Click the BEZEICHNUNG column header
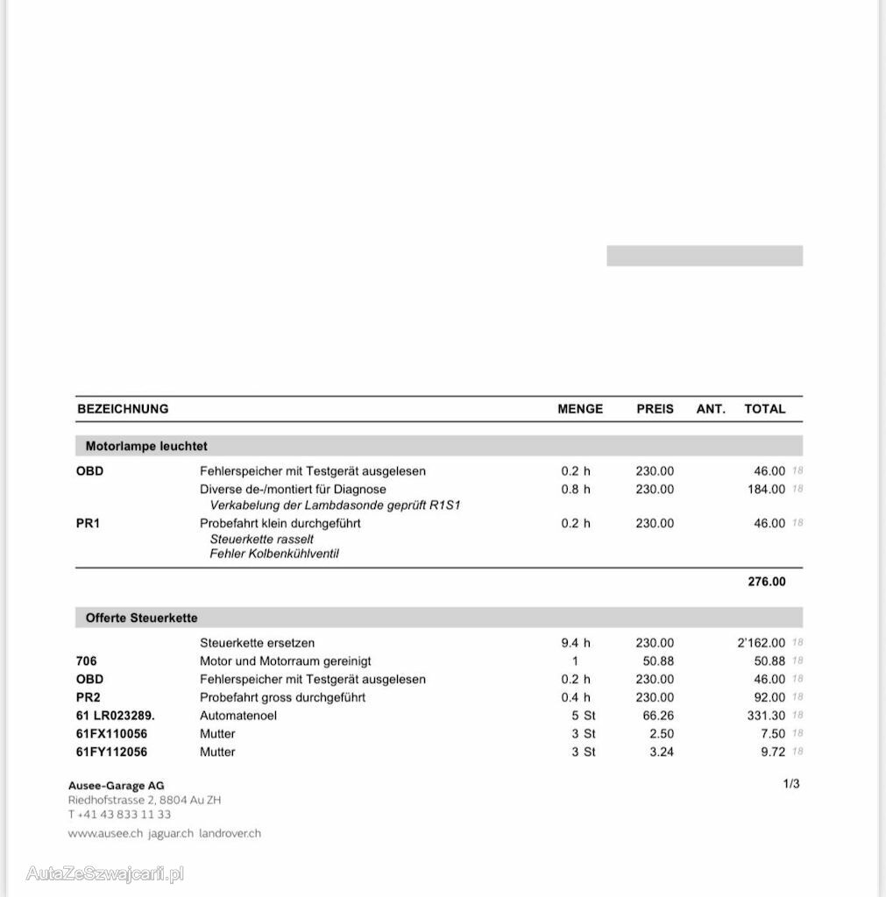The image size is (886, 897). (123, 409)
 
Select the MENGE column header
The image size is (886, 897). (580, 409)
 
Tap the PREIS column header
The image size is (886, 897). (655, 409)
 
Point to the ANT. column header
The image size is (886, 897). (711, 409)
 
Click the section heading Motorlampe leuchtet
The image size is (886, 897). (146, 446)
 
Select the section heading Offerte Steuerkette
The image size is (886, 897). (141, 618)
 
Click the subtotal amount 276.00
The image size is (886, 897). (767, 582)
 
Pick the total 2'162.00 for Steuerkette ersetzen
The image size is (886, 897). (762, 643)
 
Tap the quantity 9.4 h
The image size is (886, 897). (576, 643)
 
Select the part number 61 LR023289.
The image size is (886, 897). (116, 716)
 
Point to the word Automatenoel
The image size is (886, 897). (238, 716)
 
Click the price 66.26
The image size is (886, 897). (656, 716)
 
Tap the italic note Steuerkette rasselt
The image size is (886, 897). (261, 539)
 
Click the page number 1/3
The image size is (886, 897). (791, 784)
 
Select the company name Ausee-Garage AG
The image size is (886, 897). (116, 786)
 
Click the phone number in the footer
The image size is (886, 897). (119, 815)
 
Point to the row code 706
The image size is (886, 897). (87, 661)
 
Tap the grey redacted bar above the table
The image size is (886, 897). (705, 256)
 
